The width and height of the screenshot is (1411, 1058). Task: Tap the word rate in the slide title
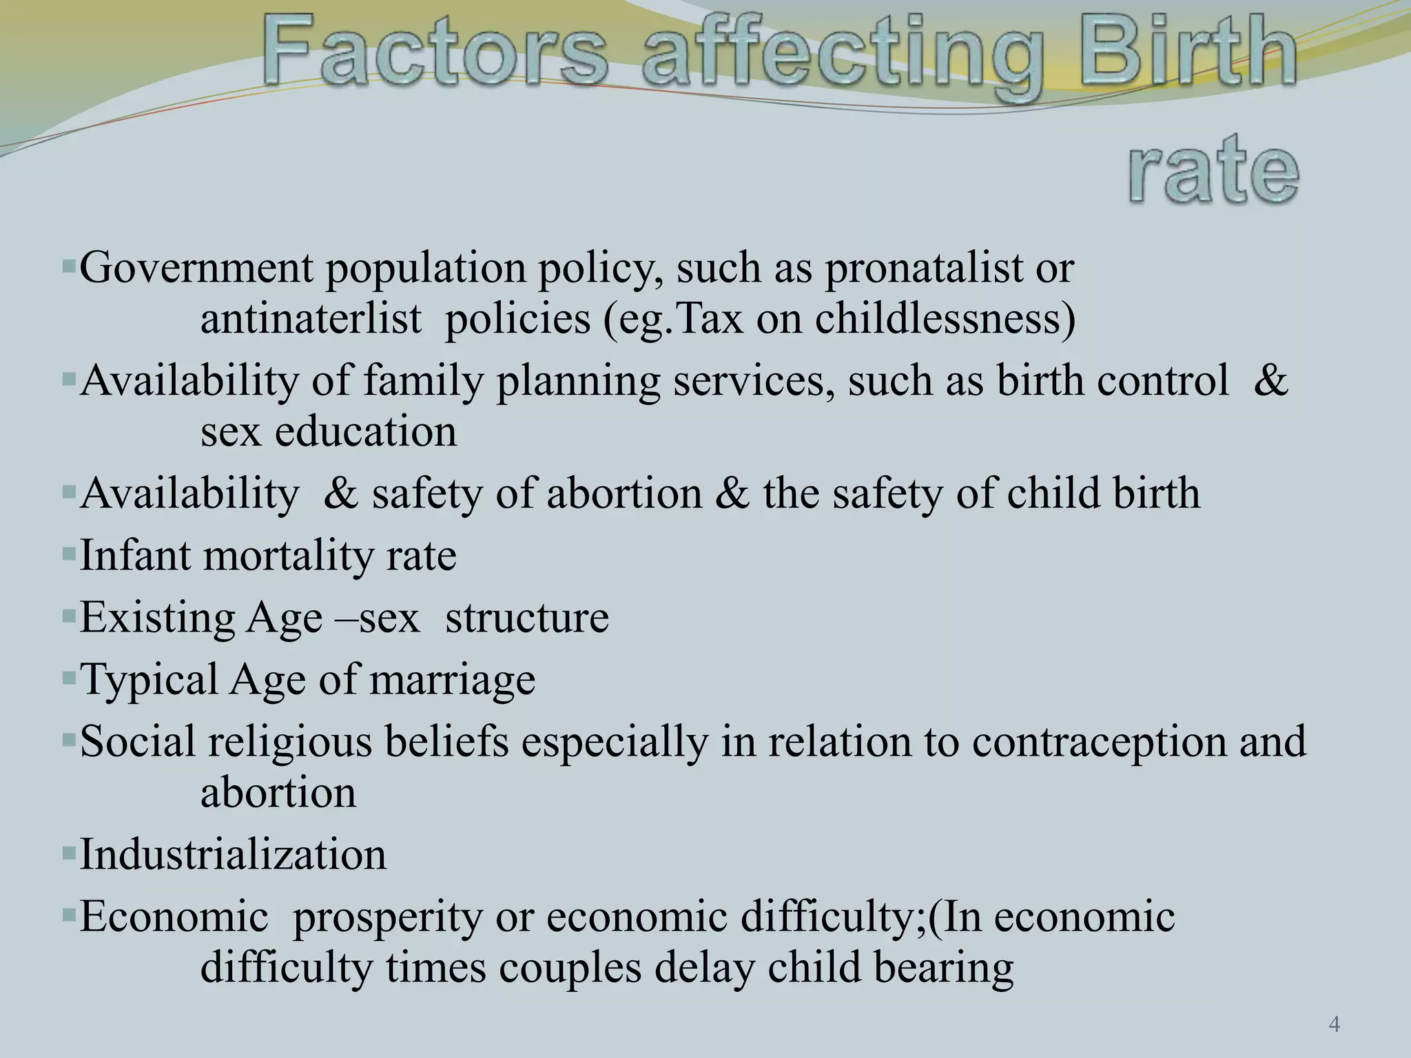(1213, 169)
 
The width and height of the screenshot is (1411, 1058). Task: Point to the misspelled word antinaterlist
(311, 320)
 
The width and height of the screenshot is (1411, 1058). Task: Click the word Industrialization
(233, 855)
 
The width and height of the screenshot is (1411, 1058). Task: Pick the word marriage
(452, 681)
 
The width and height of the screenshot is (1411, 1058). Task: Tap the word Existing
(158, 618)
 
